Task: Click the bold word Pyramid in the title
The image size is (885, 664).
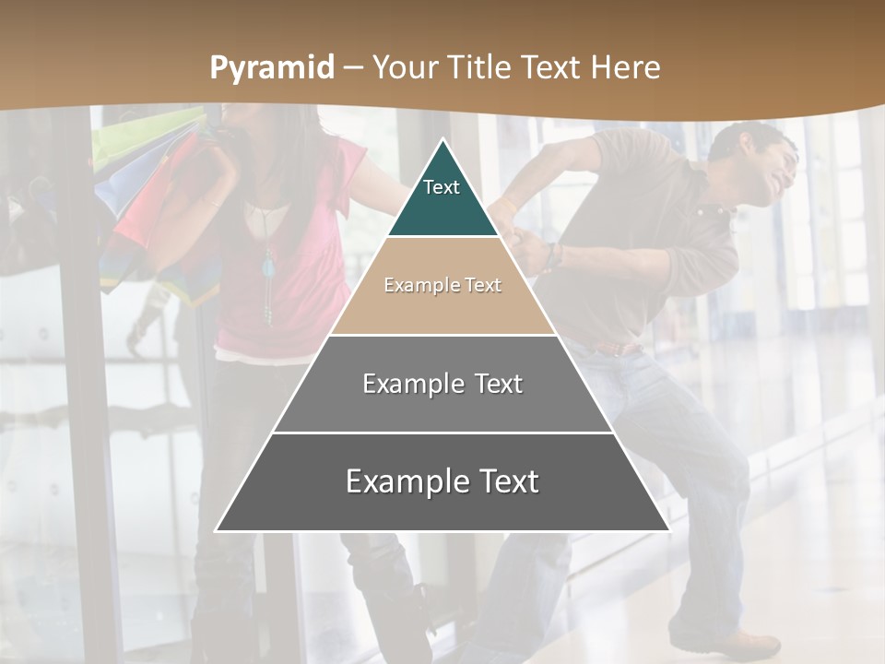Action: (271, 67)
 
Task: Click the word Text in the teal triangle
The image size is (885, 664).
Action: (442, 187)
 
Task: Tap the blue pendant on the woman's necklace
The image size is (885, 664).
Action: (268, 268)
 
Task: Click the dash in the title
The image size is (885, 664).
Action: (353, 67)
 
